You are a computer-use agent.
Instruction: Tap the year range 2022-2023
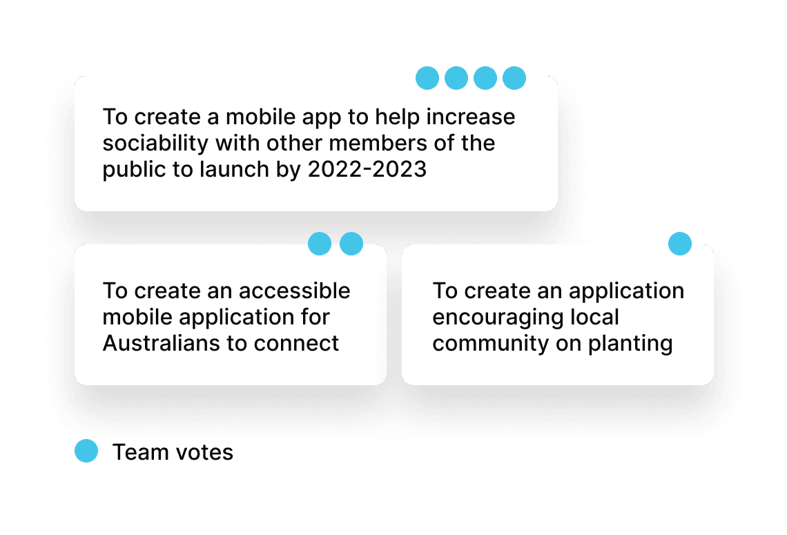(x=367, y=170)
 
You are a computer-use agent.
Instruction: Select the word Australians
(x=161, y=343)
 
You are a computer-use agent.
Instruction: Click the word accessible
(x=294, y=291)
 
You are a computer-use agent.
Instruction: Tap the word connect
(x=297, y=344)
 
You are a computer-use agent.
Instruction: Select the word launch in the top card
(x=235, y=170)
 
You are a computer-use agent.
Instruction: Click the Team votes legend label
(x=173, y=452)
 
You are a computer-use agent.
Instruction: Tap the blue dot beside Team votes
(x=86, y=451)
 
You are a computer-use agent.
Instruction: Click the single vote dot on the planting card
(x=679, y=244)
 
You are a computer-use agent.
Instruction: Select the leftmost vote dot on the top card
(x=427, y=78)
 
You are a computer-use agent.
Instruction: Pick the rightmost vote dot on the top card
(x=514, y=78)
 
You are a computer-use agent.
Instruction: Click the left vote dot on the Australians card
(x=320, y=244)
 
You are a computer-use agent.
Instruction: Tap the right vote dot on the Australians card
(x=351, y=244)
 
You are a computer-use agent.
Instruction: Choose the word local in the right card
(x=595, y=317)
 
